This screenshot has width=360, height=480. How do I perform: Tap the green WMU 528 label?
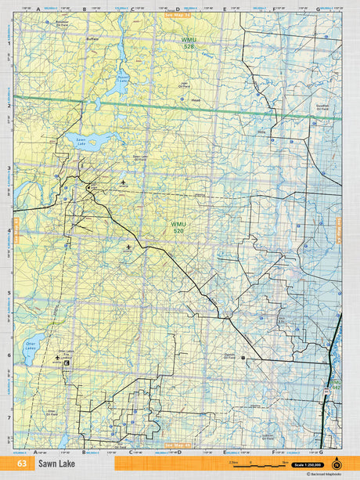pyautogui.click(x=188, y=42)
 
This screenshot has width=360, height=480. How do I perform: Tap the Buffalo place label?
pyautogui.click(x=92, y=38)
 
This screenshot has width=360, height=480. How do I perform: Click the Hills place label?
pyautogui.click(x=261, y=132)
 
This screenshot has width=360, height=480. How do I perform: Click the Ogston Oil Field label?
pyautogui.click(x=229, y=355)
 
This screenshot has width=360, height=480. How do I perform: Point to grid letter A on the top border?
pyautogui.click(x=37, y=9)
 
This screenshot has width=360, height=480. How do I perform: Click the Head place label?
pyautogui.click(x=196, y=100)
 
